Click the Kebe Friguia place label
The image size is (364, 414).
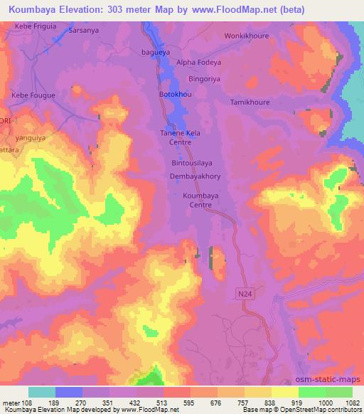point(35,26)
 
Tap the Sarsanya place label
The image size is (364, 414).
point(84,32)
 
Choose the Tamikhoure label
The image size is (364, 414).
point(250,102)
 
